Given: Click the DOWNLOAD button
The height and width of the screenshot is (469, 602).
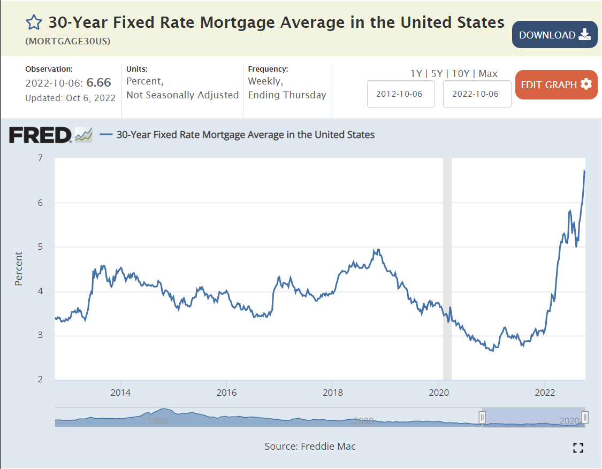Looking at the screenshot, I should click(x=554, y=35).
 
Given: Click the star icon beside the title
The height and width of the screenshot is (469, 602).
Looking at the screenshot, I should click(x=34, y=22).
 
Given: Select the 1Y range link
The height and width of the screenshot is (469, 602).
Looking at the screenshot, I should click(x=416, y=74).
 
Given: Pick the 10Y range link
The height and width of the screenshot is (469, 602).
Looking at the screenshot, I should click(x=461, y=74).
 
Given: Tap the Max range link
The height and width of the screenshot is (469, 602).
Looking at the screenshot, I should click(x=488, y=74).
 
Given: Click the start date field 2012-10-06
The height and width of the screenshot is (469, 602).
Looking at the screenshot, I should click(x=401, y=94).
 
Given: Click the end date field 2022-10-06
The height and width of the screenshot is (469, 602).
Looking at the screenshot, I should click(x=477, y=94).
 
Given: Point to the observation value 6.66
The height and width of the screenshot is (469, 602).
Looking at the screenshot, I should click(x=99, y=82).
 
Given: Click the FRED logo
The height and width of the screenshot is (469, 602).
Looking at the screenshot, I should click(x=40, y=135).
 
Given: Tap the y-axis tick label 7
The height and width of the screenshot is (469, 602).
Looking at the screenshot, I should click(x=40, y=158).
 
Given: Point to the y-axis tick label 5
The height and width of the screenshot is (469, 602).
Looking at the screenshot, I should click(x=40, y=247).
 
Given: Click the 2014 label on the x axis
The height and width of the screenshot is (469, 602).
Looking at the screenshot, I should click(x=120, y=392).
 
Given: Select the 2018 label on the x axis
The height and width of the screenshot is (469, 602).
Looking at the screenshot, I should click(x=332, y=392).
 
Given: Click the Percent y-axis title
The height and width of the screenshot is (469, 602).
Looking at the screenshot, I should click(x=19, y=268).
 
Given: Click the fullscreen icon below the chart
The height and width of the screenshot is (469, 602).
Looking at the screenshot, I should click(x=578, y=448).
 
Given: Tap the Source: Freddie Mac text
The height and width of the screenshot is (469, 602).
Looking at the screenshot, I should click(x=310, y=446).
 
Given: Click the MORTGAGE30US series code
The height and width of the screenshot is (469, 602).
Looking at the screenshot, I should click(x=68, y=41).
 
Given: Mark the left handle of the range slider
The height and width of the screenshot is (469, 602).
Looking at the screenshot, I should click(x=482, y=417).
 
